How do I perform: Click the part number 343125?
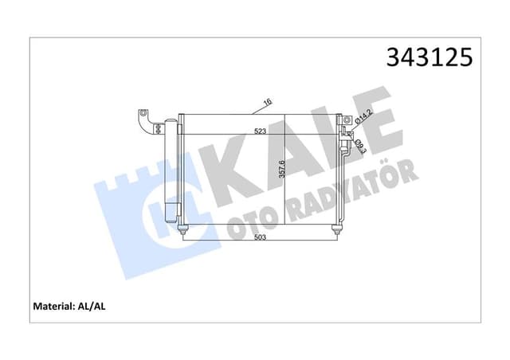coord(429,57)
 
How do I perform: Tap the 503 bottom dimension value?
coord(260,237)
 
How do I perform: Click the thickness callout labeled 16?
coord(269,103)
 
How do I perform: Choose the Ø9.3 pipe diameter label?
coord(359,146)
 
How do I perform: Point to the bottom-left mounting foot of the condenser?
coord(185,230)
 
